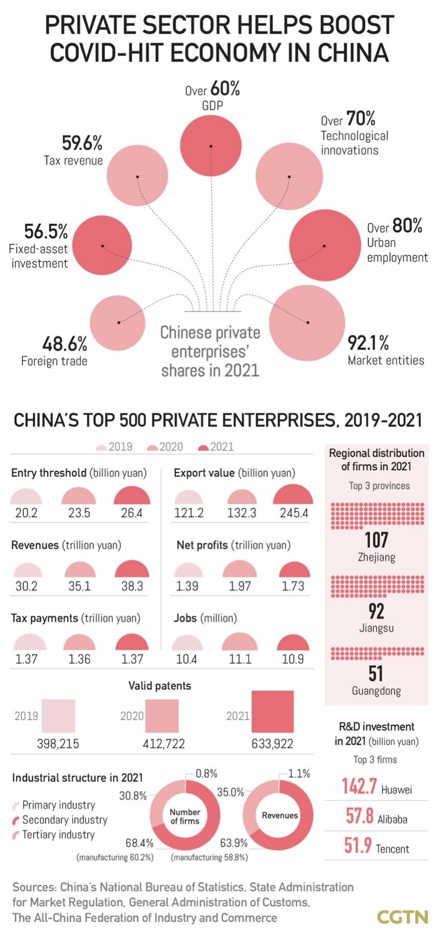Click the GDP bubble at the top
click(x=211, y=146)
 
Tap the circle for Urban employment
click(x=324, y=245)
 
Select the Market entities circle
click(x=307, y=323)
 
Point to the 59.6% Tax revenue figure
click(x=82, y=143)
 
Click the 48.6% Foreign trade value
click(x=65, y=343)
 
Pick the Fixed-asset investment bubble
click(x=102, y=245)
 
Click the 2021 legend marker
click(x=203, y=447)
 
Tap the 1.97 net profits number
click(x=240, y=586)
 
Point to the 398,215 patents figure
click(x=58, y=743)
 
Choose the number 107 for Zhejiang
click(x=376, y=539)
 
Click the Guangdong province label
click(x=376, y=691)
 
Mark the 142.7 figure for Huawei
click(x=359, y=786)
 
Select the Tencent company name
click(x=392, y=849)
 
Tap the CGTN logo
click(x=403, y=917)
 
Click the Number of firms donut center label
click(x=185, y=816)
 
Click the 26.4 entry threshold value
click(x=132, y=513)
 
